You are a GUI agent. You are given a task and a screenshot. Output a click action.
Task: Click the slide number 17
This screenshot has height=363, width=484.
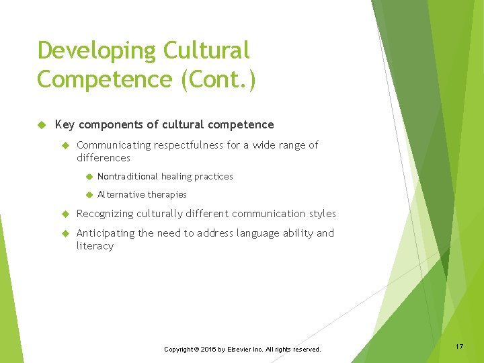tap(459, 346)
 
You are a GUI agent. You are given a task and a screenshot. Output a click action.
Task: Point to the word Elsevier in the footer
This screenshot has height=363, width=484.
tap(239, 350)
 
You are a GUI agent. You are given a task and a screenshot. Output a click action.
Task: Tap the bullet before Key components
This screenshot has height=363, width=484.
tap(41, 124)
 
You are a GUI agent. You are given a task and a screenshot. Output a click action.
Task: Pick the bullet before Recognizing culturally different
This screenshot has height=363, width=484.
tap(65, 214)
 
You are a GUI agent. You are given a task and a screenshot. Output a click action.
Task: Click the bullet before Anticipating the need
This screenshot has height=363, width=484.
tap(65, 233)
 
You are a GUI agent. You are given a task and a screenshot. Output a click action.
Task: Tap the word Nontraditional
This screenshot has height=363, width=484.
tap(128, 176)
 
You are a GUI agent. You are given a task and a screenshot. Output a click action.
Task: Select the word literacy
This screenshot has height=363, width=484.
tap(95, 246)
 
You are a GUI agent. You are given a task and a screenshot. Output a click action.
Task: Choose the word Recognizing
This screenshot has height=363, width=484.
tap(105, 214)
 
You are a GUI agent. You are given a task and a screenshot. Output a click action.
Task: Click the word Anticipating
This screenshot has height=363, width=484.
tap(106, 233)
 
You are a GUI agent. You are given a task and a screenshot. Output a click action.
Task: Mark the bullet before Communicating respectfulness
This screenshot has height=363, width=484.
tap(65, 145)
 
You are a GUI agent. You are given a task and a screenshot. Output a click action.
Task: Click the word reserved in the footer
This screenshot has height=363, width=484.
tap(305, 350)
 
